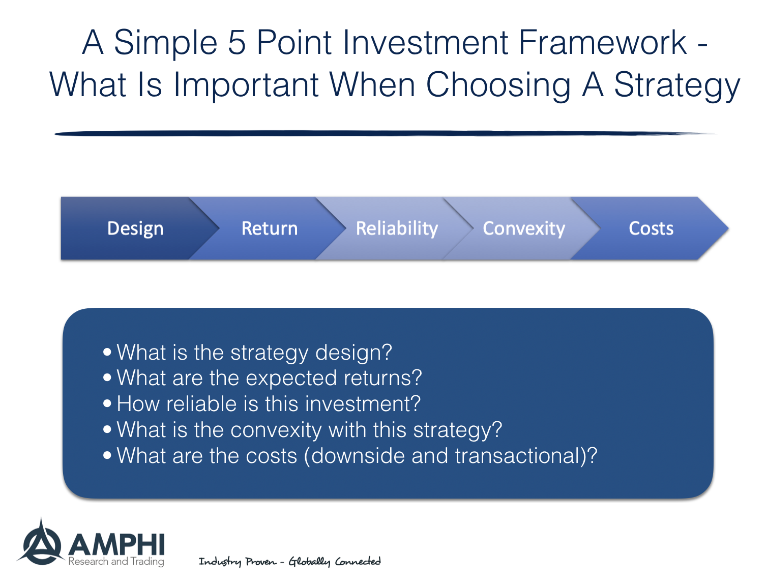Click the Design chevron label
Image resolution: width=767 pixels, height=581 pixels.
pyautogui.click(x=135, y=229)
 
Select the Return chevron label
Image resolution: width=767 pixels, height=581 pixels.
pyautogui.click(x=270, y=228)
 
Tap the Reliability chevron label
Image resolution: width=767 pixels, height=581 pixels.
pyautogui.click(x=397, y=229)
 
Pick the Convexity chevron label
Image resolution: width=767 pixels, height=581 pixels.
pyautogui.click(x=523, y=229)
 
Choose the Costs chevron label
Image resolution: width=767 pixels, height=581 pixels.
pyautogui.click(x=651, y=228)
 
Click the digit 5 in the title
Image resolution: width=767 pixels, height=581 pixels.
pyautogui.click(x=237, y=42)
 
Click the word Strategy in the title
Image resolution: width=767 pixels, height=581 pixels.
pyautogui.click(x=677, y=85)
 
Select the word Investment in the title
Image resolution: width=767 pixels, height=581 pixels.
pyautogui.click(x=425, y=42)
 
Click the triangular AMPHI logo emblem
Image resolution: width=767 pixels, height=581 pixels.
pyautogui.click(x=41, y=541)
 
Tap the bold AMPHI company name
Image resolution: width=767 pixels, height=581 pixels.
pyautogui.click(x=116, y=544)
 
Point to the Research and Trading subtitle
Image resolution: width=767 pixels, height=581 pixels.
pyautogui.click(x=116, y=562)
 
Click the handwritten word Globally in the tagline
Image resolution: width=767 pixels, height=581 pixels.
pyautogui.click(x=309, y=562)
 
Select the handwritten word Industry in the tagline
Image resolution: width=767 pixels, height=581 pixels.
pyautogui.click(x=220, y=562)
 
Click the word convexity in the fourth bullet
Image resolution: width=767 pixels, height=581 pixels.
pyautogui.click(x=276, y=430)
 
